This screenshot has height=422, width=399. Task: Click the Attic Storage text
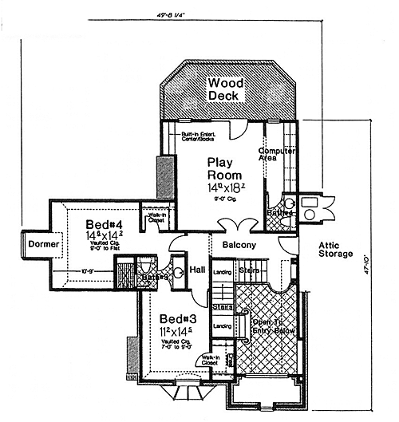tap(335, 249)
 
